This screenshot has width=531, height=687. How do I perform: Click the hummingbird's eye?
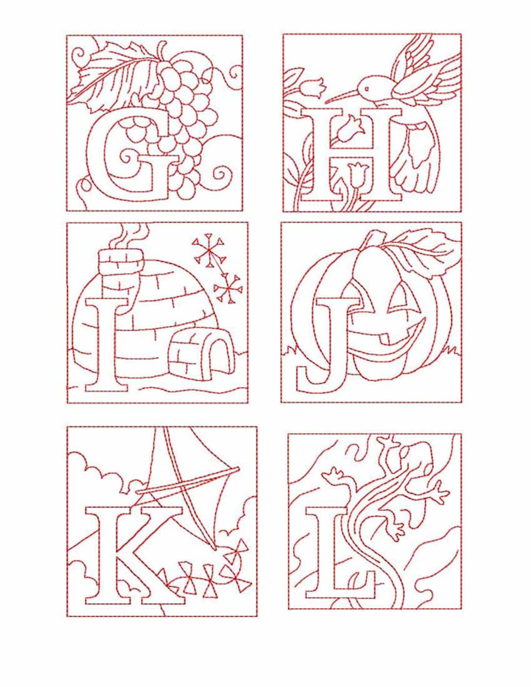click(367, 89)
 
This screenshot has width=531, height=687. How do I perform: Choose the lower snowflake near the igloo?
click(228, 288)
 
